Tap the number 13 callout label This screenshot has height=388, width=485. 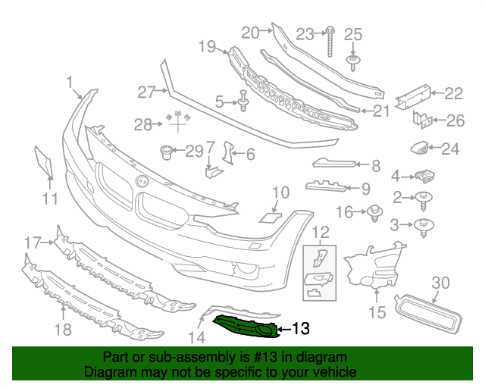tap(301, 329)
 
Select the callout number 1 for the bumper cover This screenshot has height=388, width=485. tap(70, 82)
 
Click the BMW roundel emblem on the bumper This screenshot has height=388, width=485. tap(141, 181)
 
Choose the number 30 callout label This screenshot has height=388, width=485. tap(440, 283)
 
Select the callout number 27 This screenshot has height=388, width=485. tap(145, 91)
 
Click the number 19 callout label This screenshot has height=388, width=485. tap(208, 47)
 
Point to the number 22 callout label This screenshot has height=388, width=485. tap(453, 93)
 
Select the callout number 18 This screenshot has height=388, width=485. tap(64, 329)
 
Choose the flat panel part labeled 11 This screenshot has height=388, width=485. tap(43, 162)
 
